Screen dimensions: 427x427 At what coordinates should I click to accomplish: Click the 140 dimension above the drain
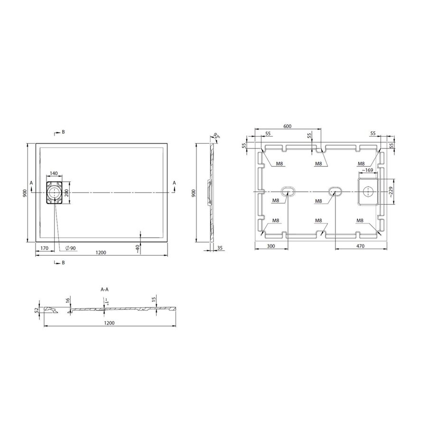(x=53, y=174)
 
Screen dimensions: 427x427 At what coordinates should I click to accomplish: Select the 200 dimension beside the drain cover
(x=67, y=192)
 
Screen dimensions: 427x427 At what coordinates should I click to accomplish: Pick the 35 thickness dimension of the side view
(x=220, y=248)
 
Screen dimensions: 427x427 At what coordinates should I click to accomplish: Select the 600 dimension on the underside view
(x=287, y=126)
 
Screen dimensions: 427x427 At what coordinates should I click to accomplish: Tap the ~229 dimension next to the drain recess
(x=391, y=192)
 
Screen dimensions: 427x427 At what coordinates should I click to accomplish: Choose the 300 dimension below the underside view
(x=271, y=247)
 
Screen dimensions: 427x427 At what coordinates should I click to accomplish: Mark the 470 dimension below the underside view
(x=360, y=247)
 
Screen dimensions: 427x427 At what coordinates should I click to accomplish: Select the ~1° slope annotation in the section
(x=107, y=302)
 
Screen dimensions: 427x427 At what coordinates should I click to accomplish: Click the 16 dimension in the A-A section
(x=68, y=301)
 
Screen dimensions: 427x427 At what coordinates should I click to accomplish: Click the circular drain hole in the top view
(x=54, y=192)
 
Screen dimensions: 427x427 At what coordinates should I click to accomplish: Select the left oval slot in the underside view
(x=288, y=191)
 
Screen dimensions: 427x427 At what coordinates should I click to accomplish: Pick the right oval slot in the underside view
(x=336, y=191)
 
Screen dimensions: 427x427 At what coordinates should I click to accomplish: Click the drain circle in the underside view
(x=367, y=192)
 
